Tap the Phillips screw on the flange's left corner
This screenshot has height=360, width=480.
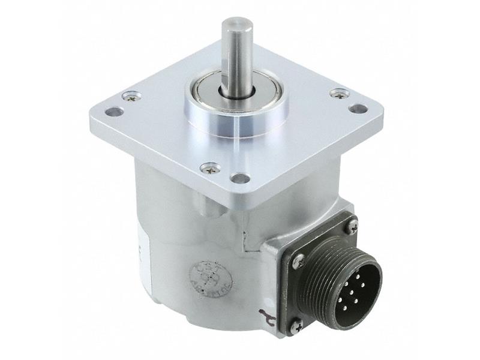pos(130,95)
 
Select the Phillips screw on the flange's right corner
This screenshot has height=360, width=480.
pos(340,93)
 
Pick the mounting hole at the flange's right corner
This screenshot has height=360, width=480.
pos(358,109)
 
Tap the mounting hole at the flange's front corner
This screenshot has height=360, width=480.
pos(240,178)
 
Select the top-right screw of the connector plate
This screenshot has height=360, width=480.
pos(353,226)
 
